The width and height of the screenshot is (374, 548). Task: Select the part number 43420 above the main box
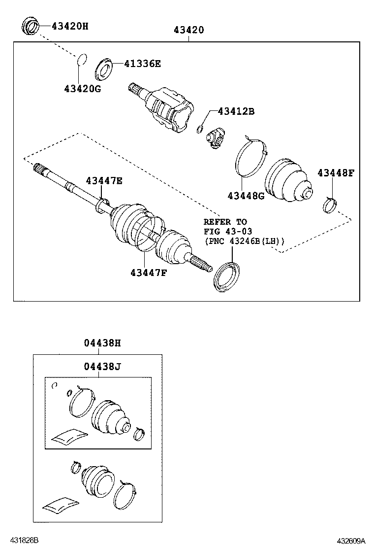point(188,31)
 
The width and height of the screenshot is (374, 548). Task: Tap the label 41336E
point(142,64)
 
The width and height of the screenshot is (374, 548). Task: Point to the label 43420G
point(82,89)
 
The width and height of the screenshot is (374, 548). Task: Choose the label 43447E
point(104,180)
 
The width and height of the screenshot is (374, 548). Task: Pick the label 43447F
point(149,272)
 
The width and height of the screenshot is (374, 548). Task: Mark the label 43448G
point(246,196)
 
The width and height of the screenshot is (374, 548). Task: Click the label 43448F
point(336,173)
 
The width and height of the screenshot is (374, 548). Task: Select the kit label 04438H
point(101,343)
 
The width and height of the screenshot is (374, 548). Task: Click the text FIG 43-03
point(228,232)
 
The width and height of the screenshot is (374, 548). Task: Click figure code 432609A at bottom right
point(351,541)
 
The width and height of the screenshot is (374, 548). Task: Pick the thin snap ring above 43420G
point(83,60)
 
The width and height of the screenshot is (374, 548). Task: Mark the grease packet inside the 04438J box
point(67,437)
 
